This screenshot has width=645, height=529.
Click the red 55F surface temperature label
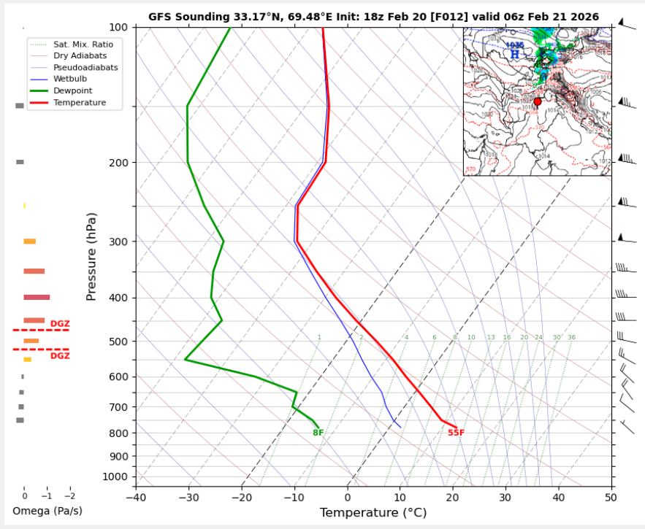pyautogui.click(x=456, y=433)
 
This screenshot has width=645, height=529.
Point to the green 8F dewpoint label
pyautogui.click(x=318, y=433)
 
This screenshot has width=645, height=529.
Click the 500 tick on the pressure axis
pyautogui.click(x=118, y=341)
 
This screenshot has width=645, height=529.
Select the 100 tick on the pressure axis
pyautogui.click(x=118, y=27)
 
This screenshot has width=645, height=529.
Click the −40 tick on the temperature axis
pyautogui.click(x=135, y=498)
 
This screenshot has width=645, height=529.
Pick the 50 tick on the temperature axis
pyautogui.click(x=611, y=498)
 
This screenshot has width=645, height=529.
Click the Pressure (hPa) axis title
pyautogui.click(x=91, y=253)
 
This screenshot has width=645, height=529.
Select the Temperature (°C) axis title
pyautogui.click(x=373, y=513)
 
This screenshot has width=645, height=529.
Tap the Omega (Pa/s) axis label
pyautogui.click(x=47, y=511)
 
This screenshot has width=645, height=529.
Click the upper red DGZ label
pyautogui.click(x=60, y=324)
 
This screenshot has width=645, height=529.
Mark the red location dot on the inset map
pyautogui.click(x=538, y=101)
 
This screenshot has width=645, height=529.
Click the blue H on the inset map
pyautogui.click(x=515, y=54)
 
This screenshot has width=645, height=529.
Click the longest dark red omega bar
pyautogui.click(x=37, y=297)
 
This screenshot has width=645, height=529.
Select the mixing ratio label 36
pyautogui.click(x=571, y=338)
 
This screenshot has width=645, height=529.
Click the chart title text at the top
pyautogui.click(x=373, y=16)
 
